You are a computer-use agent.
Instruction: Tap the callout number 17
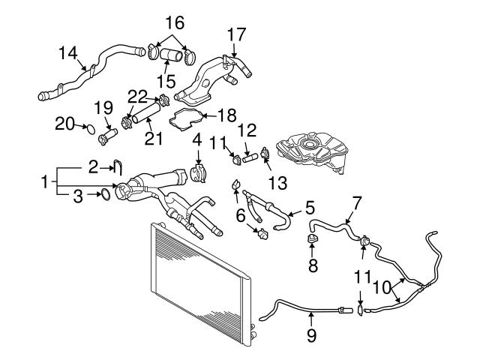coord(236,34)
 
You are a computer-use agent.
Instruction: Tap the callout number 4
coord(198,139)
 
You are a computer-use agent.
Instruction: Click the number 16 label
coord(174,20)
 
